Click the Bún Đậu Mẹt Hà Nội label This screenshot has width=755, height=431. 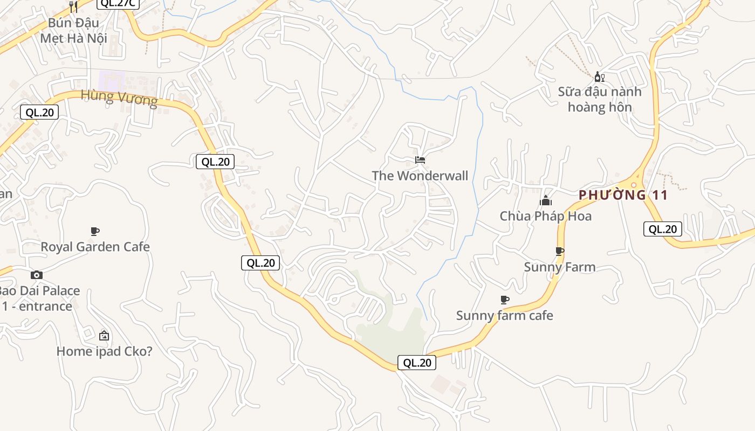pyautogui.click(x=73, y=31)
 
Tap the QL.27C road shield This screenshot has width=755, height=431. pyautogui.click(x=118, y=3)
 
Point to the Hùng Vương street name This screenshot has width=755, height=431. pyautogui.click(x=119, y=98)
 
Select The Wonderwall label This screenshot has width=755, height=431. pyautogui.click(x=420, y=176)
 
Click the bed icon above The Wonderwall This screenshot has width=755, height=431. pyautogui.click(x=420, y=160)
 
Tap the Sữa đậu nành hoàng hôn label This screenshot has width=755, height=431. pyautogui.click(x=600, y=99)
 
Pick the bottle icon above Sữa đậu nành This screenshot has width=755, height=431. pyautogui.click(x=599, y=77)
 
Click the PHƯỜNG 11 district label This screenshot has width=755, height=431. pyautogui.click(x=623, y=195)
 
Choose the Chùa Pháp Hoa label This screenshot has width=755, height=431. pyautogui.click(x=545, y=216)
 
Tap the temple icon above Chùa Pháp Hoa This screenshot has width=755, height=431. pyautogui.click(x=546, y=201)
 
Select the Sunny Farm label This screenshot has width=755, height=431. pyautogui.click(x=560, y=267)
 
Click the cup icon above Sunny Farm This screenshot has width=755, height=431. pyautogui.click(x=559, y=251)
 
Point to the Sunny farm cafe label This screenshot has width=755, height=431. pyautogui.click(x=504, y=315)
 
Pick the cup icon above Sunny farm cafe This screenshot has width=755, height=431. pyautogui.click(x=504, y=300)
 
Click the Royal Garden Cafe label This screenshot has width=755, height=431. pyautogui.click(x=95, y=247)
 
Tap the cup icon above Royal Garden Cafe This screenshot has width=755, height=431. pyautogui.click(x=95, y=232)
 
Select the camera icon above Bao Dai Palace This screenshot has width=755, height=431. pyautogui.click(x=36, y=275)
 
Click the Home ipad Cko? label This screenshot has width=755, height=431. pyautogui.click(x=104, y=351)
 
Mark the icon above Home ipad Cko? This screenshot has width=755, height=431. pyautogui.click(x=104, y=336)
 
